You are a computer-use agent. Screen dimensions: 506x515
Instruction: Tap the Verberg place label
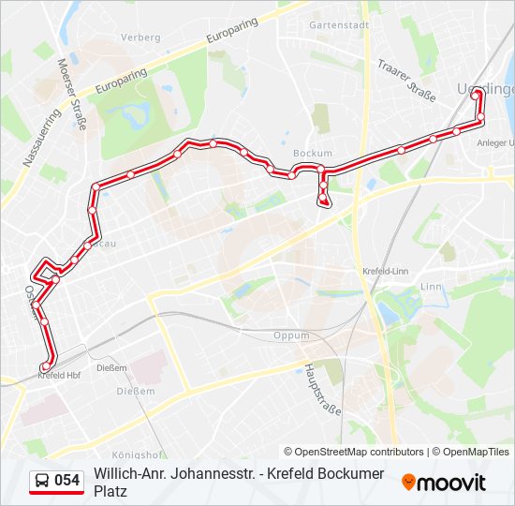[140, 37]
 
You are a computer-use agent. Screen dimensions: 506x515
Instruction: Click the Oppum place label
[290, 336]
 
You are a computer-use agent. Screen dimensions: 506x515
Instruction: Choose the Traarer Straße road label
[407, 77]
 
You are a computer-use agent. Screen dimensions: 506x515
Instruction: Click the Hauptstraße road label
[322, 390]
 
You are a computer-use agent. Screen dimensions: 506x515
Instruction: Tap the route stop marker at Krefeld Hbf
[44, 366]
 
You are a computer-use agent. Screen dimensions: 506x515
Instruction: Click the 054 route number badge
[66, 481]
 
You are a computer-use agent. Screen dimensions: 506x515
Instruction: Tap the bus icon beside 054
[42, 481]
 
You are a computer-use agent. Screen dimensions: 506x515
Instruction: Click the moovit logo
[444, 483]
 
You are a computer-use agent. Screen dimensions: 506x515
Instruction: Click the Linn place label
[431, 287]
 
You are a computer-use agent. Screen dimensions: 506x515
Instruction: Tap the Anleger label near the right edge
[493, 142]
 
